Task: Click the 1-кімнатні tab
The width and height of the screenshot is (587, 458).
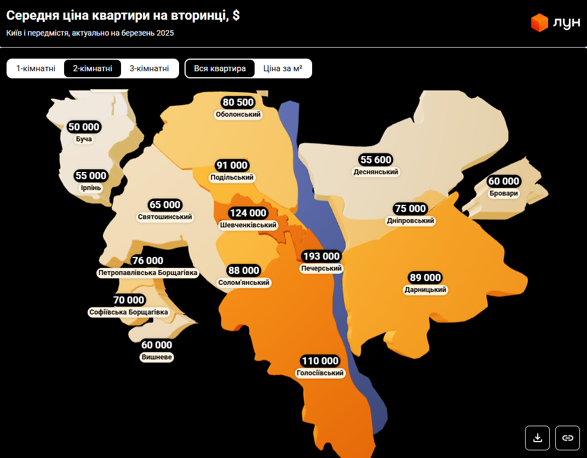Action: coord(36,68)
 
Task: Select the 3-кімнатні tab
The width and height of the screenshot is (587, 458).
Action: coord(149,68)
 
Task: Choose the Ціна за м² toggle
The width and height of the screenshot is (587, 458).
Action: coord(283,68)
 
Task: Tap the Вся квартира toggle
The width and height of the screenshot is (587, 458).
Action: coord(220,68)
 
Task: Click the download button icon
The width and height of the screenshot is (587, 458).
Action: coord(538,438)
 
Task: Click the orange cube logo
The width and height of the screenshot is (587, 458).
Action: coord(539,22)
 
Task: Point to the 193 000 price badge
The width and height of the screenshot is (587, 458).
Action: coord(321,256)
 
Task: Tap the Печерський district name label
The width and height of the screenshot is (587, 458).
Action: coord(321,268)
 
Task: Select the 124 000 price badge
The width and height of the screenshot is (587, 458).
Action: coord(248,213)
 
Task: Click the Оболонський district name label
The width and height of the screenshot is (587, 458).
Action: coord(238,114)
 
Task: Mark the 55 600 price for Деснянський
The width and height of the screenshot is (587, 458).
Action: coord(376,160)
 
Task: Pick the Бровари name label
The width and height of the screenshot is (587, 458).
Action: coord(504,193)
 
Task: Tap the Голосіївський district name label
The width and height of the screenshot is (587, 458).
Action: coord(320,373)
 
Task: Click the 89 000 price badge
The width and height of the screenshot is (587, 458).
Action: coord(425,278)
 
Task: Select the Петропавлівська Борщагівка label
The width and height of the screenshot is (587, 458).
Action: coord(148,272)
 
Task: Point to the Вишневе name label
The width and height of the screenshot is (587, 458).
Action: coord(157,357)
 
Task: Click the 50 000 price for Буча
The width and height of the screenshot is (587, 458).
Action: coord(84,127)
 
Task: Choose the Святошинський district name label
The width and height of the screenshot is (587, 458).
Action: coord(165,217)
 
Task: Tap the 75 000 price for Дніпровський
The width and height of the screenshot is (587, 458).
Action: coord(410,209)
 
